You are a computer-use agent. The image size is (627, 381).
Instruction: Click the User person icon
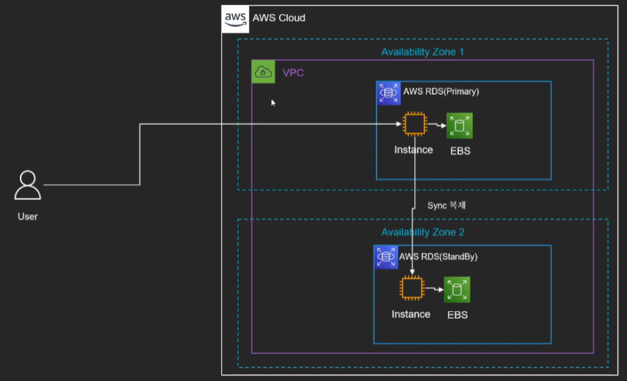pos(28,185)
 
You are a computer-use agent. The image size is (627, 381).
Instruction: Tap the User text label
pos(28,216)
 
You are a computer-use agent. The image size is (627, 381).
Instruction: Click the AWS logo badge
pos(236,18)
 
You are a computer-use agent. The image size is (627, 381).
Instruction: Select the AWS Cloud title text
pos(279,18)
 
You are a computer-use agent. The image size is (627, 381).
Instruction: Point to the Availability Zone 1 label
pos(423,52)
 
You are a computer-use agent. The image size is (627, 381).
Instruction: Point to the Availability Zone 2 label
pos(423,232)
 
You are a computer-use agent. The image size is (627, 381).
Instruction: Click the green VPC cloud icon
pos(263,72)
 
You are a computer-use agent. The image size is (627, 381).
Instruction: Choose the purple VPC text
pos(293,73)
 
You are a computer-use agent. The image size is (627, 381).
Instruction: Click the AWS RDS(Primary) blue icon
pos(389,93)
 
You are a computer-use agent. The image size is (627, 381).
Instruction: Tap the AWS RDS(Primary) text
pos(441,92)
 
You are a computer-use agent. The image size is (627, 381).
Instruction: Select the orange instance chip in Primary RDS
pos(413,125)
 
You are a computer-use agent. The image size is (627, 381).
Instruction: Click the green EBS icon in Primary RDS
pos(460,126)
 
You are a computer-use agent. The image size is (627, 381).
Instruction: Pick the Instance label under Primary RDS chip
pos(413,150)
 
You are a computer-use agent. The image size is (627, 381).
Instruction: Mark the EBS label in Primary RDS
pos(460,151)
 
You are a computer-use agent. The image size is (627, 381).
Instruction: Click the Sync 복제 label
pos(446,205)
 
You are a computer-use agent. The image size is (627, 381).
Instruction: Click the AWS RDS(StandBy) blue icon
pos(386,257)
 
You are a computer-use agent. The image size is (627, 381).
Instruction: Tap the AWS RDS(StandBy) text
pos(438,256)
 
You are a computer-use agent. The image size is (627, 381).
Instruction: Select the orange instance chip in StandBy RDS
pos(411,289)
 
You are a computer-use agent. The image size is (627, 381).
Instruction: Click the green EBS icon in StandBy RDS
pos(458,290)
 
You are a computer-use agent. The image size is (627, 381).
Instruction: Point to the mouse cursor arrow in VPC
pos(273,103)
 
